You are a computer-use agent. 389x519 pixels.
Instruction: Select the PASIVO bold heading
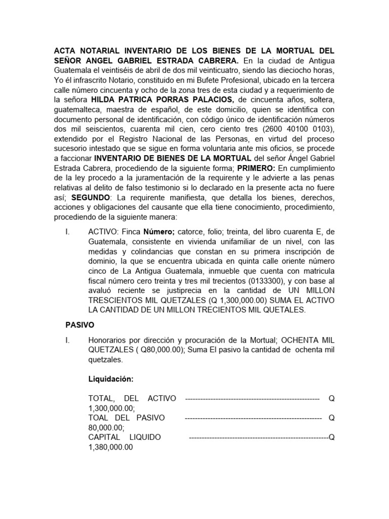(x=81, y=324)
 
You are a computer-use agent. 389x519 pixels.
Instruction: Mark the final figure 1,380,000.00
(x=110, y=447)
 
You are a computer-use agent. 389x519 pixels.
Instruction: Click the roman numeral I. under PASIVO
(x=67, y=340)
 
